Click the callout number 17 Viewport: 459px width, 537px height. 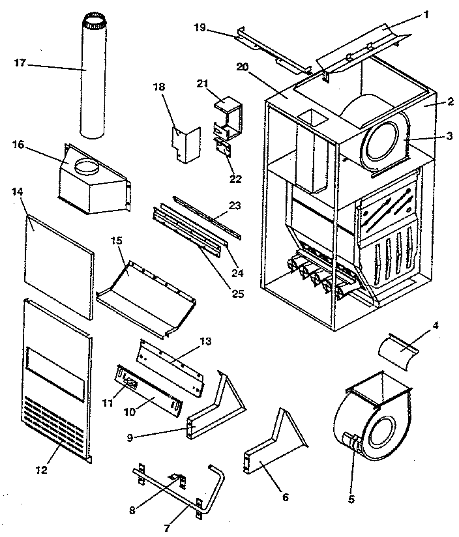pos(20,63)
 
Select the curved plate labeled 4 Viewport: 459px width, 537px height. pos(400,353)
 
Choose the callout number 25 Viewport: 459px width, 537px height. pos(237,293)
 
